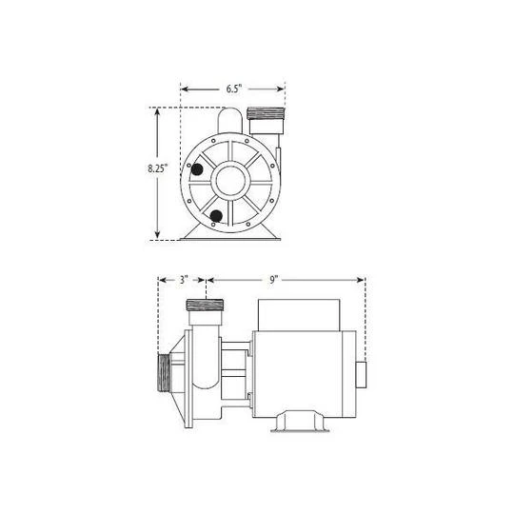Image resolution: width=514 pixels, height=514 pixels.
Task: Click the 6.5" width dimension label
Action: pos(234,89)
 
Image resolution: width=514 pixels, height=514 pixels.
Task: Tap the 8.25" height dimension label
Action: pos(157,168)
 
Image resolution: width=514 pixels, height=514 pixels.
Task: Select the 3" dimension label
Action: pos(184,280)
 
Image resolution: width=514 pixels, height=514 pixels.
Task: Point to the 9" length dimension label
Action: pos(273,280)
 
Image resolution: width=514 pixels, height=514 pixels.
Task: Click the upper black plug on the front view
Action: pos(197,169)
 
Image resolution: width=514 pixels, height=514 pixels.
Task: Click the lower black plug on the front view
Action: pos(216,216)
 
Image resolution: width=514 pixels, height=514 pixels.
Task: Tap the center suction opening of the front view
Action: pos(230,180)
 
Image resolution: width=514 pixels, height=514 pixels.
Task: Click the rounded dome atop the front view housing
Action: pos(229,120)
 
